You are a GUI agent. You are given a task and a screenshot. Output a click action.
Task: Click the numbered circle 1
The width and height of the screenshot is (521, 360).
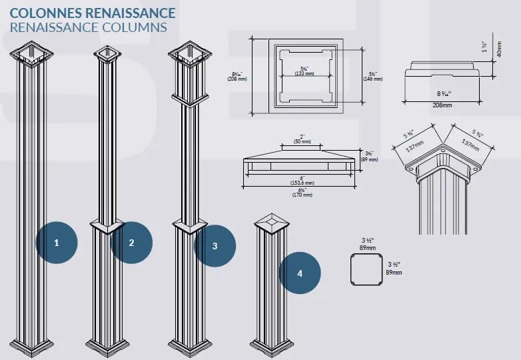click(x=56, y=243)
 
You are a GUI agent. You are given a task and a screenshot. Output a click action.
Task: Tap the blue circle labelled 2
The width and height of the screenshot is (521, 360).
click(x=131, y=243)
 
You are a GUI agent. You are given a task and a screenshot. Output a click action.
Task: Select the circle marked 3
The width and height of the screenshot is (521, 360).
click(x=215, y=246)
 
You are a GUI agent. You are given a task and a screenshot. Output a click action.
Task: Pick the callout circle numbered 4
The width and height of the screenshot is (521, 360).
click(x=300, y=273)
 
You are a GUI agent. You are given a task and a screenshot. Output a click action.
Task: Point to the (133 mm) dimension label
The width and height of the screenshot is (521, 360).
click(x=304, y=73)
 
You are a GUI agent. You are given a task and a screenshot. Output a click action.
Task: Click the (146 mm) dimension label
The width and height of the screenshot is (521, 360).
click(x=373, y=79)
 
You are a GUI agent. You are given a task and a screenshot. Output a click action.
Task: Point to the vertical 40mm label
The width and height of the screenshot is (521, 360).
click(x=499, y=49)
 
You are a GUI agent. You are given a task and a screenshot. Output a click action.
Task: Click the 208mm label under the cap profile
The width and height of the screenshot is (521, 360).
click(x=442, y=105)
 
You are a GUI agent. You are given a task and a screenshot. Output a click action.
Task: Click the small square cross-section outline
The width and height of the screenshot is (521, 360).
click(x=367, y=270)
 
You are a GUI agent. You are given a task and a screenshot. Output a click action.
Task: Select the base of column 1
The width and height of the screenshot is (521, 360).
click(x=31, y=346)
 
